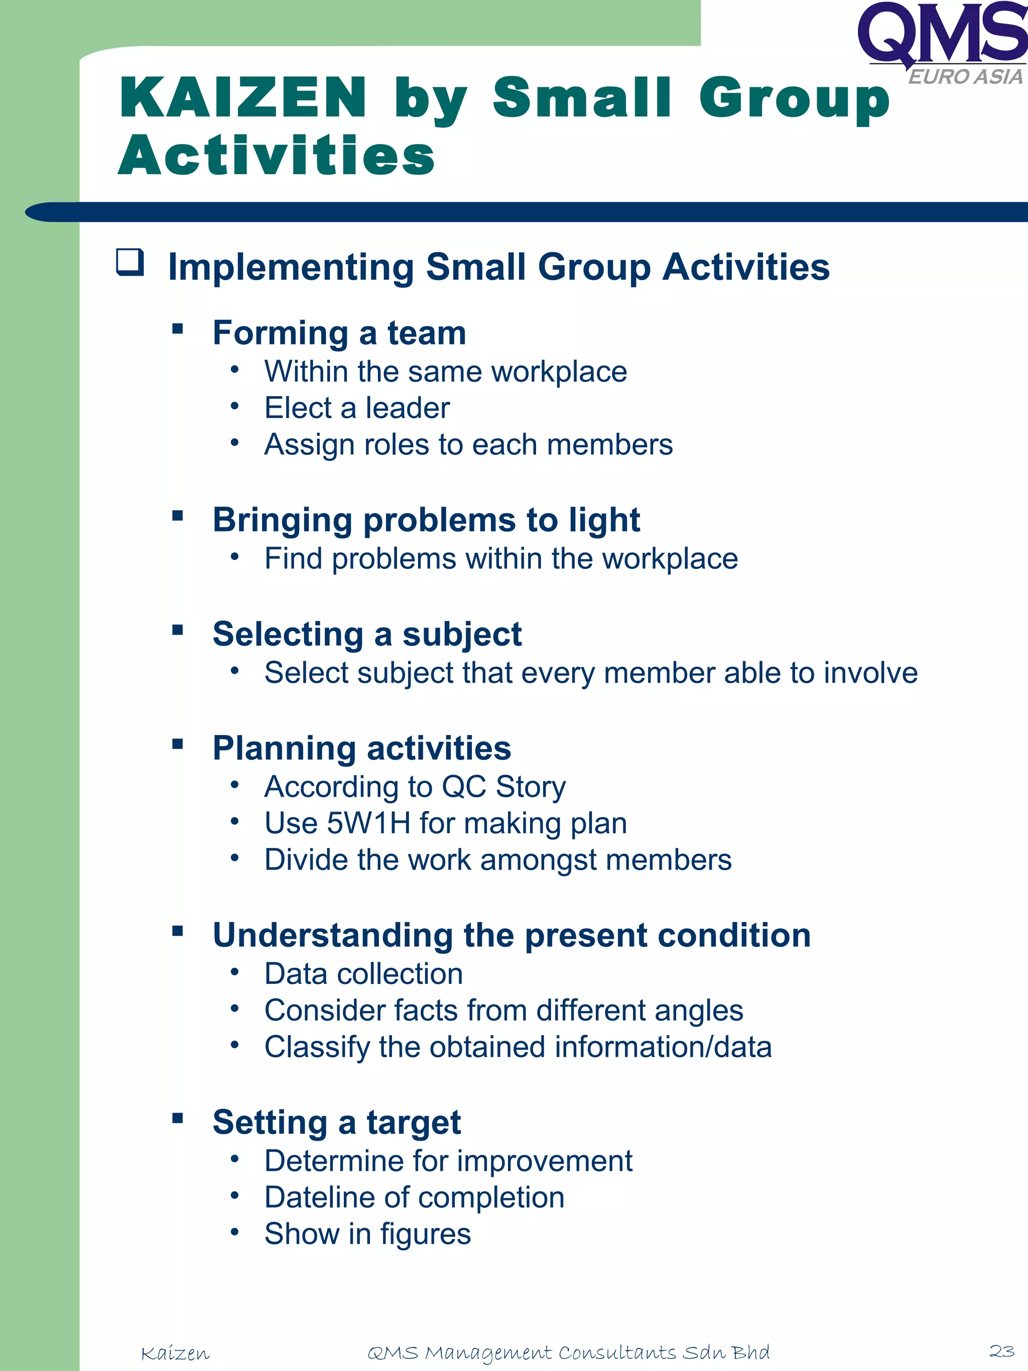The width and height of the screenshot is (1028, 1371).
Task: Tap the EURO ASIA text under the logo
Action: click(964, 77)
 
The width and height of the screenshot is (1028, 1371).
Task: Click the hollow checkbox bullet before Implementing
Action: click(130, 262)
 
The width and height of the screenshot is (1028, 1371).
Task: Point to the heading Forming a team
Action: click(339, 333)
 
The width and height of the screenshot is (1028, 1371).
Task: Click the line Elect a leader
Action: click(357, 408)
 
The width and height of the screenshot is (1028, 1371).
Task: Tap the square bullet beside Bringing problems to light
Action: click(178, 515)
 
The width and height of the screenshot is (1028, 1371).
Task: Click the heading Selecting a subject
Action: click(367, 634)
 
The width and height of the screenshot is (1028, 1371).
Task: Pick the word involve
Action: click(870, 673)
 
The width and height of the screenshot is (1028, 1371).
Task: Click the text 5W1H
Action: click(368, 823)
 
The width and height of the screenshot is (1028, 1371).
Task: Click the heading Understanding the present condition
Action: click(511, 935)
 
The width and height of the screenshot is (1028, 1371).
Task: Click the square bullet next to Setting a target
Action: click(178, 1118)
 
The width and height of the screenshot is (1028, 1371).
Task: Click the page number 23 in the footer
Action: click(1001, 1350)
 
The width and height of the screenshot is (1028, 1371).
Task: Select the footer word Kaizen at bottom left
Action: click(175, 1353)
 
